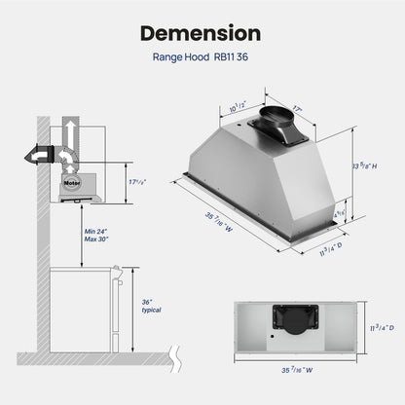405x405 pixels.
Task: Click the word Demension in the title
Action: (201, 33)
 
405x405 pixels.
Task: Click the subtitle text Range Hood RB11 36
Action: (201, 57)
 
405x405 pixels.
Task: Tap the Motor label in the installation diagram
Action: (72, 183)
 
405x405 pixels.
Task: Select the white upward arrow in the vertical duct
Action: (70, 133)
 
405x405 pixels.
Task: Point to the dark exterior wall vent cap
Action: (39, 155)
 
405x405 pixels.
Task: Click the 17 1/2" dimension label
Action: (137, 182)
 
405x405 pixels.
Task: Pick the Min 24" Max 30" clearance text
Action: (96, 236)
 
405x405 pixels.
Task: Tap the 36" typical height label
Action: (151, 306)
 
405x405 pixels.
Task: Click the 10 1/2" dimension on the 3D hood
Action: (239, 107)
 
